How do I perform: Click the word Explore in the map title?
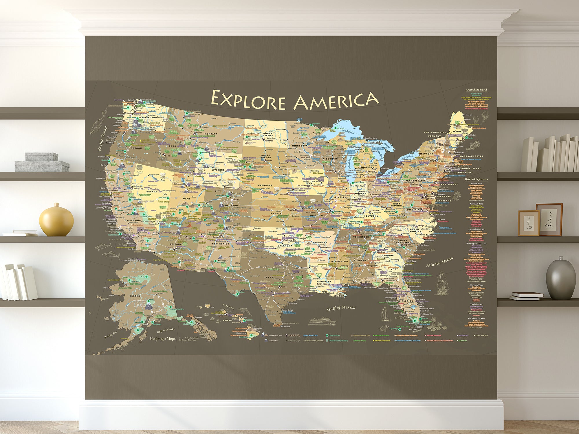(x=248, y=100)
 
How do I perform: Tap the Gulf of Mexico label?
(x=341, y=308)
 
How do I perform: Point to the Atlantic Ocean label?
(x=439, y=262)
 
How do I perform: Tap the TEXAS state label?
(x=268, y=277)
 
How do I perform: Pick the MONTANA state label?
(x=211, y=134)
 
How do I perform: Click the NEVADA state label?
(x=151, y=192)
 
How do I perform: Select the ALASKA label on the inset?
(x=135, y=296)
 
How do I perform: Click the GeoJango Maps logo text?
(x=162, y=339)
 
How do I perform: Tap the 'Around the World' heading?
(x=476, y=90)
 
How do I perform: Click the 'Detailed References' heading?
(x=476, y=179)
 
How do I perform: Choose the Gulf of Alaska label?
(x=166, y=330)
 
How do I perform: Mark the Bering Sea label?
(x=110, y=335)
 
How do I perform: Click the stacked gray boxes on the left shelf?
(x=42, y=162)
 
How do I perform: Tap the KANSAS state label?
(x=276, y=214)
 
